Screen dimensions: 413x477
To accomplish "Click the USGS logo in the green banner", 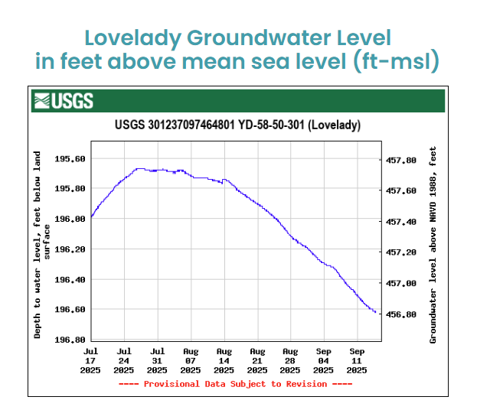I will (x=63, y=100).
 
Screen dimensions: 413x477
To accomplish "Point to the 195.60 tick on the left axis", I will (x=70, y=159).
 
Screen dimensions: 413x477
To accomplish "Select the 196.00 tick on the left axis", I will (x=70, y=219).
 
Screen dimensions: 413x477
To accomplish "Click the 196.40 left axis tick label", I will (x=70, y=280).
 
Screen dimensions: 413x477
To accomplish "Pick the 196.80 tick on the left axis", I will (x=70, y=340).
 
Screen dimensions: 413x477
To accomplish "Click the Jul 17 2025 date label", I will (x=90, y=359).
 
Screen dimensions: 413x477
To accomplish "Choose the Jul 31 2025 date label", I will (x=157, y=359).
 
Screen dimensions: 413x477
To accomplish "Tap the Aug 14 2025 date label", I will (x=224, y=359).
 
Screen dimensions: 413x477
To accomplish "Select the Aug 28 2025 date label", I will (x=290, y=359).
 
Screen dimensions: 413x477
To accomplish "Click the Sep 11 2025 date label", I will (x=357, y=359).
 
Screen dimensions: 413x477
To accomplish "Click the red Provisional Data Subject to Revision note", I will (x=236, y=384).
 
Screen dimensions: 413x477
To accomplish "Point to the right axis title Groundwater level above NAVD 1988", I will (x=433, y=245).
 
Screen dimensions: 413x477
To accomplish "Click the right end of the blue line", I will (x=375, y=312).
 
